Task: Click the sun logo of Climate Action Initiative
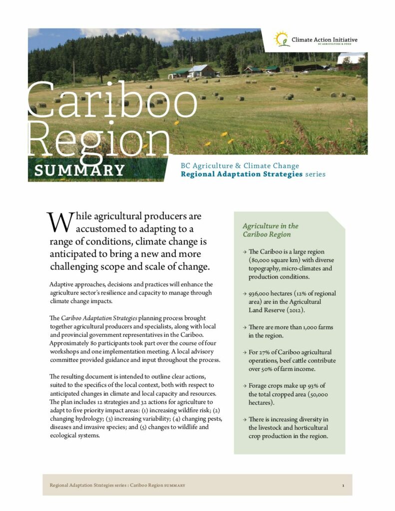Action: (x=282, y=39)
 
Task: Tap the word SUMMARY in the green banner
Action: (x=79, y=170)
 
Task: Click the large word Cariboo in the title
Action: (x=113, y=98)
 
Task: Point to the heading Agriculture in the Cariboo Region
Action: (x=270, y=230)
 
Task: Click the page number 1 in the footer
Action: (x=343, y=485)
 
